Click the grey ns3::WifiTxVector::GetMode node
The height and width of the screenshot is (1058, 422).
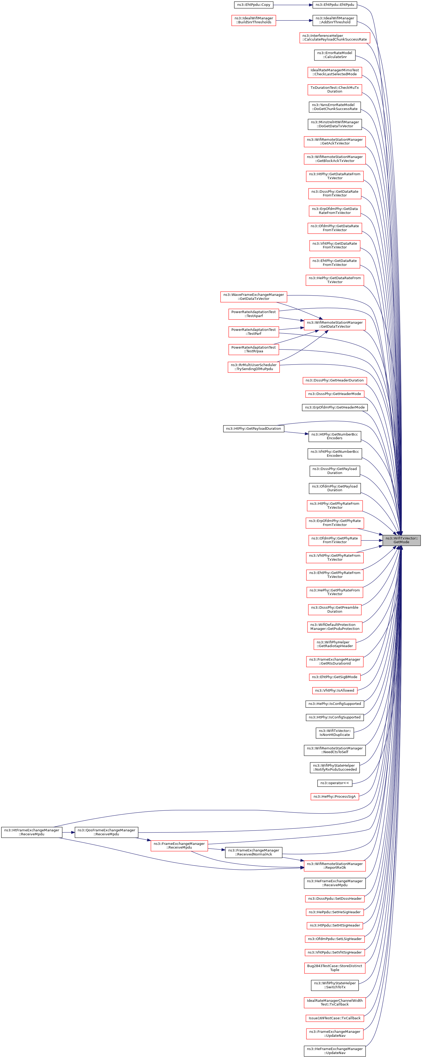(x=402, y=540)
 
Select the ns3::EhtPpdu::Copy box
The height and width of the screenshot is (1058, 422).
(x=254, y=5)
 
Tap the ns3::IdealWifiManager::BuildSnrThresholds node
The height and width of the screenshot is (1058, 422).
(x=254, y=20)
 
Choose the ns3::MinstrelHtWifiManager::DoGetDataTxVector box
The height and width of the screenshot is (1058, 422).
(x=335, y=124)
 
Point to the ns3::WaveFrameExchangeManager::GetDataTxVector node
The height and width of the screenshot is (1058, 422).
(x=254, y=297)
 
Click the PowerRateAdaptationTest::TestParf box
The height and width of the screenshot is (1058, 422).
(x=254, y=331)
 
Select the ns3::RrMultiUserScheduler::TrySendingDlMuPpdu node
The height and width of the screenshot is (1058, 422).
(x=254, y=367)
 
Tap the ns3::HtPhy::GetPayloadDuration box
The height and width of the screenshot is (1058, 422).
(x=254, y=428)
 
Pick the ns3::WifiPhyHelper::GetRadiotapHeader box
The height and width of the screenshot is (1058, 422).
(x=335, y=644)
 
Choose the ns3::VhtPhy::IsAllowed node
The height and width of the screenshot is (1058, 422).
(x=335, y=690)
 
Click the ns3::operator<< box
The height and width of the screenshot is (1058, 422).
(x=335, y=783)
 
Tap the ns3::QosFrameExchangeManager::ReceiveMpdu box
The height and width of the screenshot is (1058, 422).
(x=106, y=832)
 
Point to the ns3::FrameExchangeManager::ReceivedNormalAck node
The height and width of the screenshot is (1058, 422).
(x=254, y=852)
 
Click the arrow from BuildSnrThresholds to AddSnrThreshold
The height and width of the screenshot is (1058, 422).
(x=294, y=20)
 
